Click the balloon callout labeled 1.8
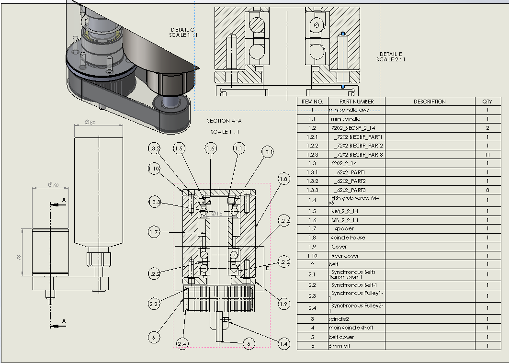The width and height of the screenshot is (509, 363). pos(283,180)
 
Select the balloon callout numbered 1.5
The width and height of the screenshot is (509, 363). pos(179,149)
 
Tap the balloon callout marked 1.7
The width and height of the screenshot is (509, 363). pos(154,233)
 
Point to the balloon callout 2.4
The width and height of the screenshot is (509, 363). pos(182,343)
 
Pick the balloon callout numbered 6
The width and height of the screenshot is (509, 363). pos(249,343)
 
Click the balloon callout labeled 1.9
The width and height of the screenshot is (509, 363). pos(283,303)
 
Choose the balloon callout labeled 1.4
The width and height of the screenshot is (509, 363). pos(283,343)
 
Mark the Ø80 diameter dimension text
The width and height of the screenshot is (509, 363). pos(90,122)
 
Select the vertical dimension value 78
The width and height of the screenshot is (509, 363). pos(19,258)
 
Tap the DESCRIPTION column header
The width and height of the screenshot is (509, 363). pos(430,102)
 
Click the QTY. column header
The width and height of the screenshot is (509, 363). pos(487,102)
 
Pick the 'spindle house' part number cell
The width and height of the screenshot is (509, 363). pos(348,238)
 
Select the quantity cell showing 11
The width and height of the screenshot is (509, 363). pos(487,155)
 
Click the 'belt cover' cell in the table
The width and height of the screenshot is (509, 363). pos(340,337)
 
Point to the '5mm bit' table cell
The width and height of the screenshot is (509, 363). pos(339,346)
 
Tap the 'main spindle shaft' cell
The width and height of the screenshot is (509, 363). pos(351,328)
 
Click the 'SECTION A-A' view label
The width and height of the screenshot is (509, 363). pos(225,121)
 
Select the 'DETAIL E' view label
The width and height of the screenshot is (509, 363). pos(391,54)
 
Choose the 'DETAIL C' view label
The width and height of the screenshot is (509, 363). pos(183,30)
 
